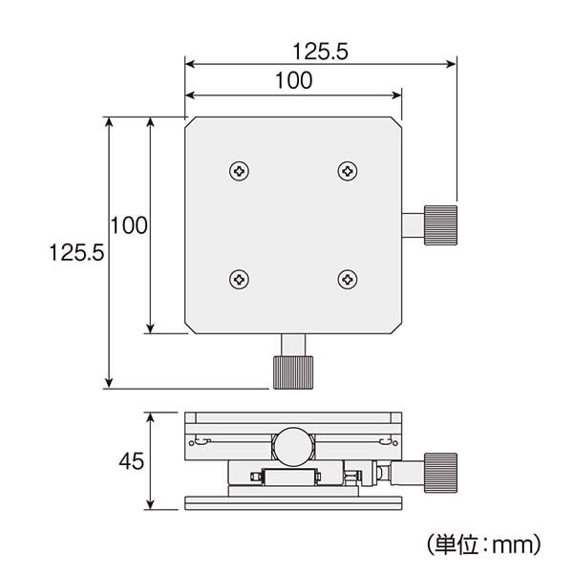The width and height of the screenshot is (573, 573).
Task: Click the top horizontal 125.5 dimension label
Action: pyautogui.click(x=320, y=52)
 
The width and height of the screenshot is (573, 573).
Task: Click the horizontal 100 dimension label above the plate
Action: pyautogui.click(x=294, y=81)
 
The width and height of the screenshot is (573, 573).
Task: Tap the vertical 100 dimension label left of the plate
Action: pyautogui.click(x=129, y=225)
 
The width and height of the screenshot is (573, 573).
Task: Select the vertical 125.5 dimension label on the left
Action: pyautogui.click(x=76, y=252)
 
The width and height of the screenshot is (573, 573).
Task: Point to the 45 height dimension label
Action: pyautogui.click(x=132, y=461)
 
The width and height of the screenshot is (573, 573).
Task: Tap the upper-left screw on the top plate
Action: pyautogui.click(x=240, y=171)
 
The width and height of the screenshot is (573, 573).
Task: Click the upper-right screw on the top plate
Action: pyautogui.click(x=348, y=171)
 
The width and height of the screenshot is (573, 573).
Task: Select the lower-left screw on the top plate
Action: pyautogui.click(x=240, y=280)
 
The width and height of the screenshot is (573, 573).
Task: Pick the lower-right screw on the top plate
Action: pyautogui.click(x=348, y=280)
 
